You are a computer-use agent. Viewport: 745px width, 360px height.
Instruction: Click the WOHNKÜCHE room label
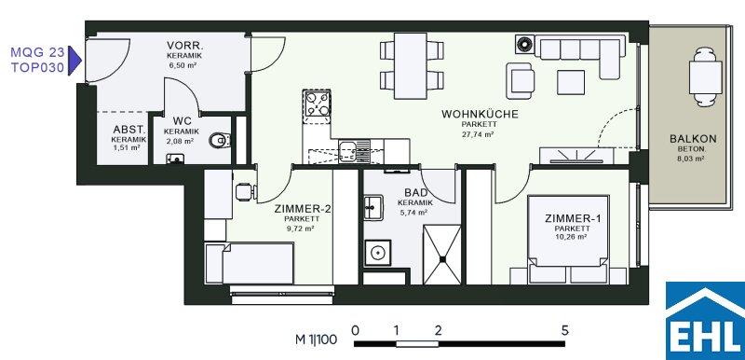[x=480, y=114]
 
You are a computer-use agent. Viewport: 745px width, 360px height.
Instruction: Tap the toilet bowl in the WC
[x=220, y=140]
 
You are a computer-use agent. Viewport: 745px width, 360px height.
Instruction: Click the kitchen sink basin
[x=346, y=148]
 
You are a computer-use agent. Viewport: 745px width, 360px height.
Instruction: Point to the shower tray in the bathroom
[x=441, y=255]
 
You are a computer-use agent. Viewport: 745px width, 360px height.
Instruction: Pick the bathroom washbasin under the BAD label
[x=373, y=207]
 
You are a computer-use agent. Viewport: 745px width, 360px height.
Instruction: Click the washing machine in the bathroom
[x=378, y=253]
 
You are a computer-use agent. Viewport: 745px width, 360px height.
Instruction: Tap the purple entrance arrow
[x=74, y=61]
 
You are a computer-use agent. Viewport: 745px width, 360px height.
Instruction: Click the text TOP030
[x=37, y=67]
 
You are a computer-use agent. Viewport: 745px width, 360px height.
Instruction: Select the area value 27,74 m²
[x=479, y=134]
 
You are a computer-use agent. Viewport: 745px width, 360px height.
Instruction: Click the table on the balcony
[x=705, y=76]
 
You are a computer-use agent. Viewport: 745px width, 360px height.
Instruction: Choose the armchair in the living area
[x=521, y=81]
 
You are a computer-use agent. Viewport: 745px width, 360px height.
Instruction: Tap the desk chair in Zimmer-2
[x=246, y=191]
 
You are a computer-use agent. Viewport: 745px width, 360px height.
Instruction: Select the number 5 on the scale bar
[x=564, y=329]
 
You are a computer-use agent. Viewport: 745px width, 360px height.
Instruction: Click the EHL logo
[x=705, y=321]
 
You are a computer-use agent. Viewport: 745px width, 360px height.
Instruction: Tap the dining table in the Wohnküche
[x=411, y=65]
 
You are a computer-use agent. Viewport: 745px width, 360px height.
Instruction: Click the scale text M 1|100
[x=316, y=339]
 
